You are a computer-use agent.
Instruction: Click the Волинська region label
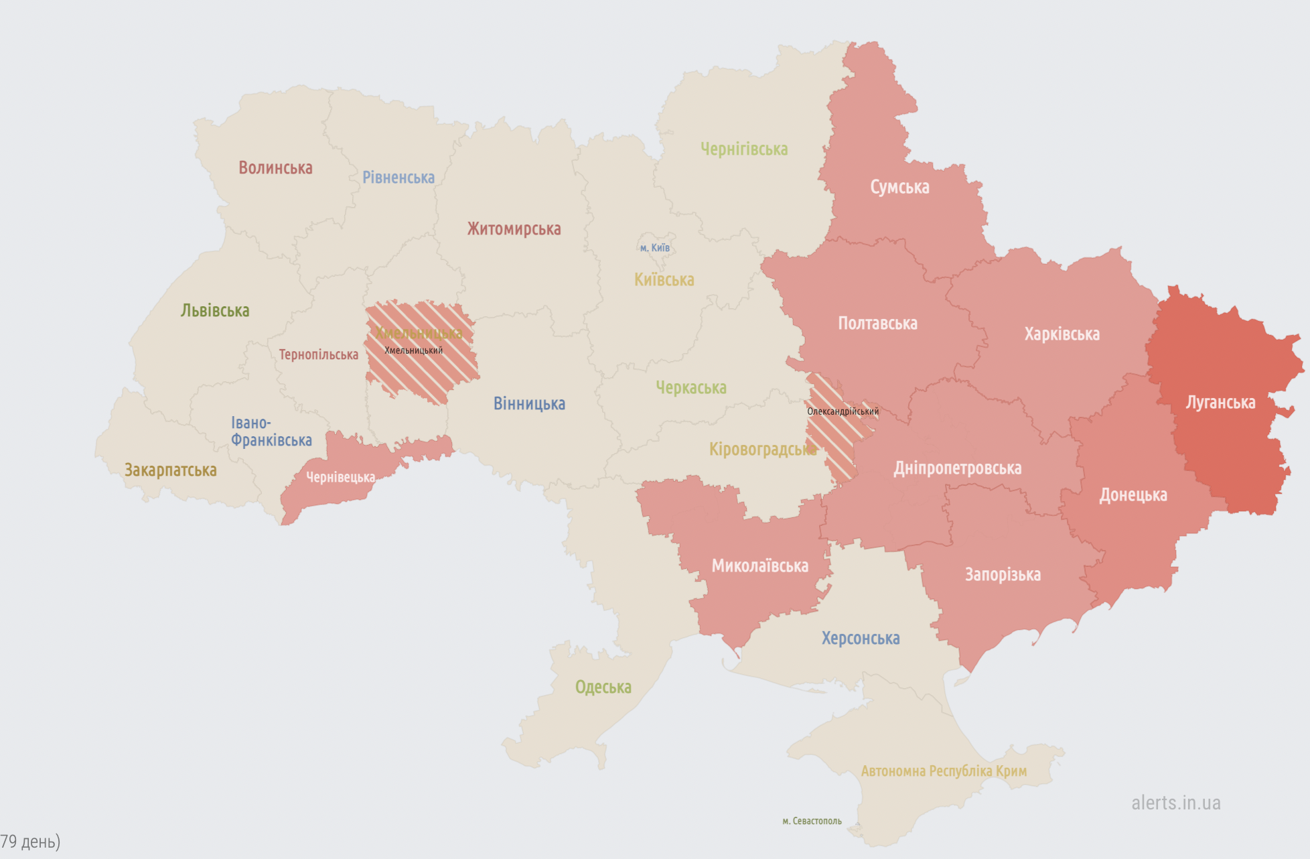(275, 168)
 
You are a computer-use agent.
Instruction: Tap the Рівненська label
(398, 178)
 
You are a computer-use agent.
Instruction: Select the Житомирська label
(514, 229)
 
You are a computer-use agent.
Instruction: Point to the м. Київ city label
(654, 248)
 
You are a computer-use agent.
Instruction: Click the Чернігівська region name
(744, 149)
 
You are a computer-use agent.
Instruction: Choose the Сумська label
(899, 187)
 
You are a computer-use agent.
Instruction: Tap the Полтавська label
(877, 324)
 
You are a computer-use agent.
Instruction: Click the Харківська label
(1062, 334)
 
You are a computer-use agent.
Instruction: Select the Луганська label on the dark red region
(1220, 403)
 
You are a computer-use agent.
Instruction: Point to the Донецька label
(1133, 495)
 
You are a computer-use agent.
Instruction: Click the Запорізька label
(1003, 575)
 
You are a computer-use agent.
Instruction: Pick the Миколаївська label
(759, 566)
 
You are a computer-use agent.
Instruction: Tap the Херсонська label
(861, 639)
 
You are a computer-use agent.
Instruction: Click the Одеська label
(603, 687)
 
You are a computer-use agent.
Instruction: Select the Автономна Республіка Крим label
(943, 771)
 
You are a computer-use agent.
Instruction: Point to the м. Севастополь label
(812, 821)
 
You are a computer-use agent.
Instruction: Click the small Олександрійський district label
(843, 411)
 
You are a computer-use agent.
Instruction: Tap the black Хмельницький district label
(413, 350)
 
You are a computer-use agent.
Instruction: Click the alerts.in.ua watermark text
(1175, 803)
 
